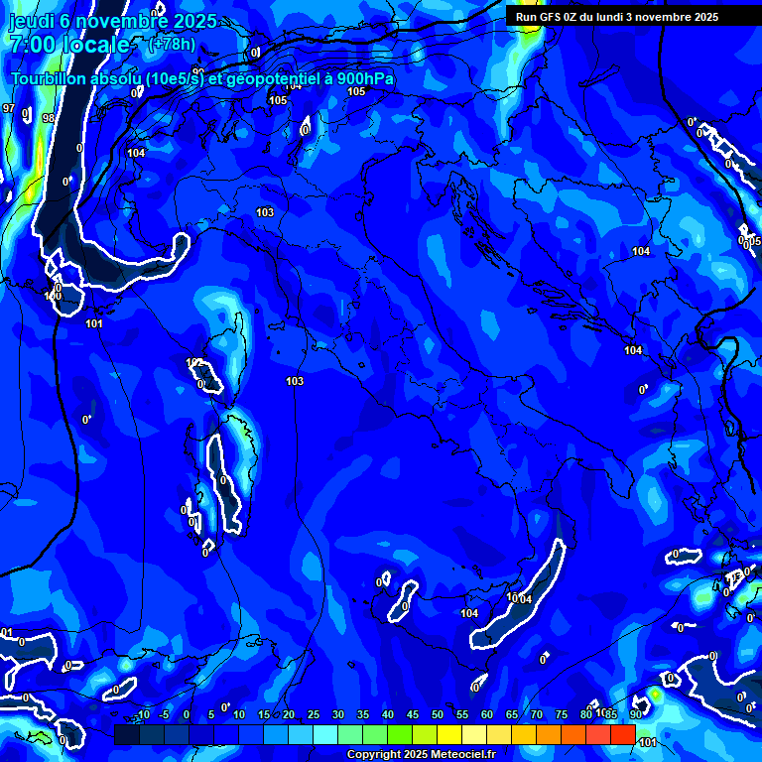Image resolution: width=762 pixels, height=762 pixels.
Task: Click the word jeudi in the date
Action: pos(30,21)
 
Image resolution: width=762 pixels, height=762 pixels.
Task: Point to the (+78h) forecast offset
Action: pos(172,44)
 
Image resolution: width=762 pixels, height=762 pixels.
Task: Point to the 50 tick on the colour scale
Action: pos(438,715)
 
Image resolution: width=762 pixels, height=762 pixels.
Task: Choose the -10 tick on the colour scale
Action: pos(143,715)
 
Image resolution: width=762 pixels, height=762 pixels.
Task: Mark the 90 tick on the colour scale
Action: pos(635,715)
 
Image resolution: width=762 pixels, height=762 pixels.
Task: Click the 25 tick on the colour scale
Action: pos(314,715)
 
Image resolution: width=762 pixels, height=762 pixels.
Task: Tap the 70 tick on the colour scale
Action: pos(537,715)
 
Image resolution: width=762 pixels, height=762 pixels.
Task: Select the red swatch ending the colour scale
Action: pos(622,734)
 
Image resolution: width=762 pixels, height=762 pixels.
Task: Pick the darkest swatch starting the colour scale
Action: pos(126,734)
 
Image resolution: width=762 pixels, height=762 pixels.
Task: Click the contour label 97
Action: pos(9,108)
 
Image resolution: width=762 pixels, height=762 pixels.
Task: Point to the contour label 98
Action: pos(49,118)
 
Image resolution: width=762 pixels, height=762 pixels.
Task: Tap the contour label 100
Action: pos(54,296)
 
